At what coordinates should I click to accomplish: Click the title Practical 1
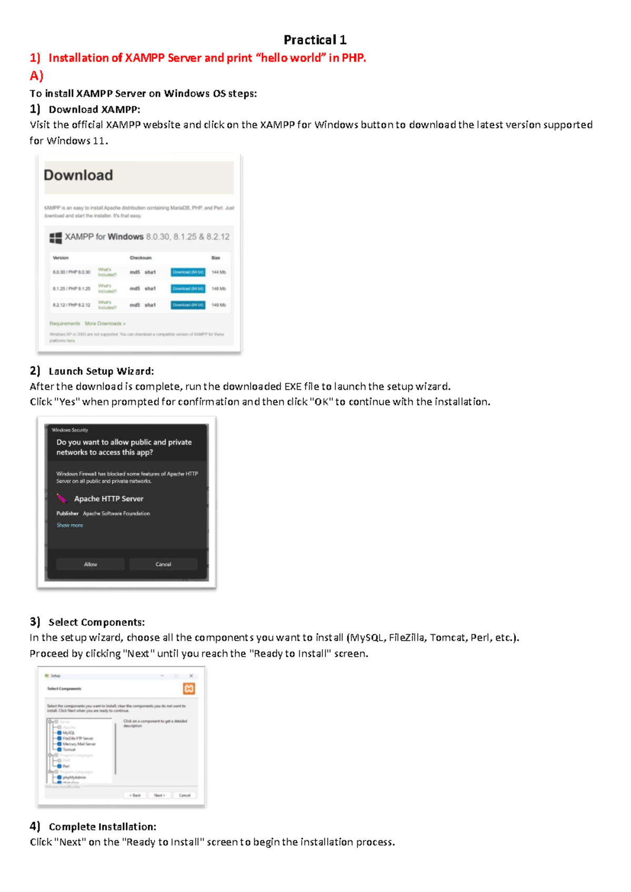click(314, 40)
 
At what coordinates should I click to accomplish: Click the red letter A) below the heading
click(36, 76)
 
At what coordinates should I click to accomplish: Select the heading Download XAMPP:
click(94, 109)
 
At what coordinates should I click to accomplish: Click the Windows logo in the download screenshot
click(56, 238)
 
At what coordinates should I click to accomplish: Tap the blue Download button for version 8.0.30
click(188, 272)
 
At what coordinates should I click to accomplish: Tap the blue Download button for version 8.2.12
click(188, 305)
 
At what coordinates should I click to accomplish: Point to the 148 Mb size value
click(218, 289)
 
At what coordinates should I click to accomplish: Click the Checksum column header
click(140, 258)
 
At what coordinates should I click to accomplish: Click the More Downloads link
click(105, 323)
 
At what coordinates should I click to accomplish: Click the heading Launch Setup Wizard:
click(101, 371)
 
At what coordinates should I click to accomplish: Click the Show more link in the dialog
click(69, 525)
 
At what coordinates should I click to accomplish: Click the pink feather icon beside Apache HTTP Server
click(62, 498)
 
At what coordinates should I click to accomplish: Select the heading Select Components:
click(96, 622)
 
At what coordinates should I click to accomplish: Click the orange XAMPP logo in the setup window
click(189, 688)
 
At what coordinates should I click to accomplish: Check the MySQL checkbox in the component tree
click(59, 733)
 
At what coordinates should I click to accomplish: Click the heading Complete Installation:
click(102, 827)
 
